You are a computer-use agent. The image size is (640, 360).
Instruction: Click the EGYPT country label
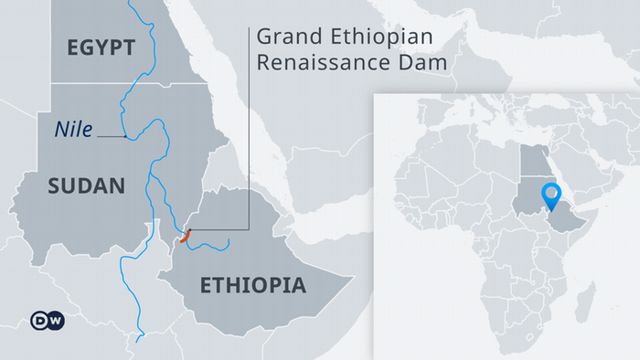[101, 48]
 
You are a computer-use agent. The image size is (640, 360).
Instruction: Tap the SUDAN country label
[85, 185]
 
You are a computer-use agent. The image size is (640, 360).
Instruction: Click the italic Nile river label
[73, 130]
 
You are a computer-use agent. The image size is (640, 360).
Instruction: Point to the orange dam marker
[186, 236]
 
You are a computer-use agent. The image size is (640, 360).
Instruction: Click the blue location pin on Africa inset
[550, 194]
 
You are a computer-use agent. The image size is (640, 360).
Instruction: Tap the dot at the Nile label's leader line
[125, 137]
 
